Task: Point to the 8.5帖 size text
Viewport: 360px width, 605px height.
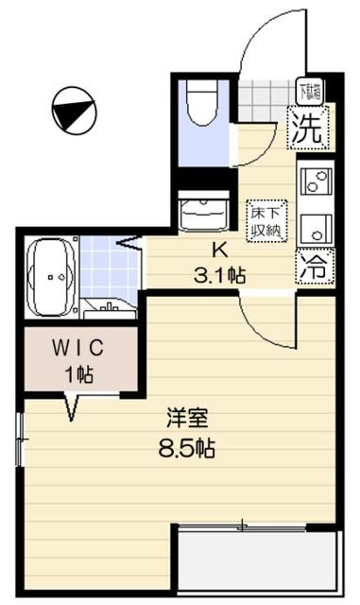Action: (186, 448)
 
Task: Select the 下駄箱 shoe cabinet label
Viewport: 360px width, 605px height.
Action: (309, 93)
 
